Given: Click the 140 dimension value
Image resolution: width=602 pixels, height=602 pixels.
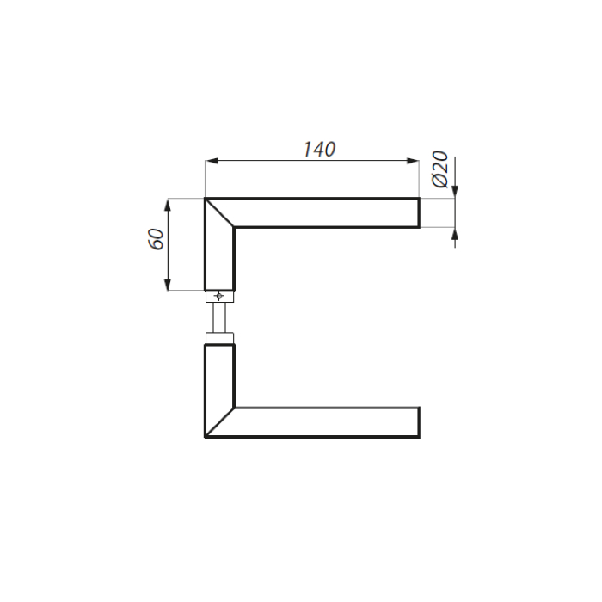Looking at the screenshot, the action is pos(319,150).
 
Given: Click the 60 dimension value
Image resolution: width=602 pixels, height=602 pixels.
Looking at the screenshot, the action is pos(157,240).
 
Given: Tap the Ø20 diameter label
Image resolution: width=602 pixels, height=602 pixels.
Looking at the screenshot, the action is pos(440,169).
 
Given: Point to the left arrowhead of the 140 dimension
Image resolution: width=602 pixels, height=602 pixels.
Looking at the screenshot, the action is pos(212,161).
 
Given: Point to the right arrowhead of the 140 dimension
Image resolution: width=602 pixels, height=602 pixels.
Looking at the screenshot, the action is pos(412,161).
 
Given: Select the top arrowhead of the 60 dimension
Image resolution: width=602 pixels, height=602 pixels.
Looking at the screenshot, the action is pos(168,205).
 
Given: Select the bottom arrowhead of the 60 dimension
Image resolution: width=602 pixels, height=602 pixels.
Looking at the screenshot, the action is pos(168,284).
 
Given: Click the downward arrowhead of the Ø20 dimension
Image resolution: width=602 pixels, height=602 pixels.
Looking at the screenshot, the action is pos(455,192).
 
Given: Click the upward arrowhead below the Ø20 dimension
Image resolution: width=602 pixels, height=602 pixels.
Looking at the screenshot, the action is pos(455,234).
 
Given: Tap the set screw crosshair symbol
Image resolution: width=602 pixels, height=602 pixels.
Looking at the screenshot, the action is pos(218,296).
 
